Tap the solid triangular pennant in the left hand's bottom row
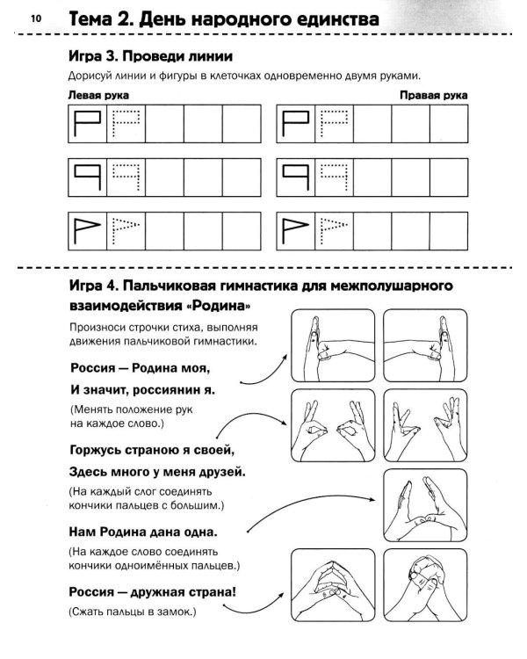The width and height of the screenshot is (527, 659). [85, 231]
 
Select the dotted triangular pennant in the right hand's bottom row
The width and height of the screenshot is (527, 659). [335, 230]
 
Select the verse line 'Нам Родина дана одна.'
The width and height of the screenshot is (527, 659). [143, 532]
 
